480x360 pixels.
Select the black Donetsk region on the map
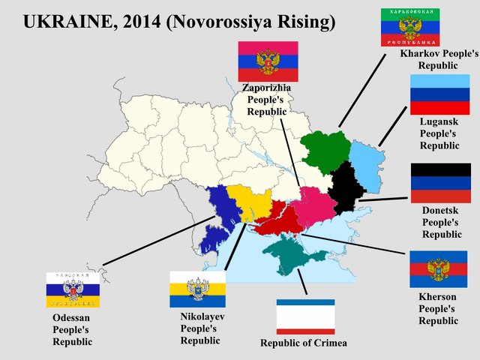coord(345,184)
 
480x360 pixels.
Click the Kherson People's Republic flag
coord(438,269)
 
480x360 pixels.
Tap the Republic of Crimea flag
coord(305,317)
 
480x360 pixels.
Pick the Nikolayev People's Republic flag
coord(198,289)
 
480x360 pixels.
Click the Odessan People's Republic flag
coord(73,289)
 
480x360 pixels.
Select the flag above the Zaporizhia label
coord(268,61)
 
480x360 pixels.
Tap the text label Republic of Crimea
coord(304,343)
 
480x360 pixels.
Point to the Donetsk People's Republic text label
coord(442,223)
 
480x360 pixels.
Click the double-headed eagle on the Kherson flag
coord(438,268)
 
